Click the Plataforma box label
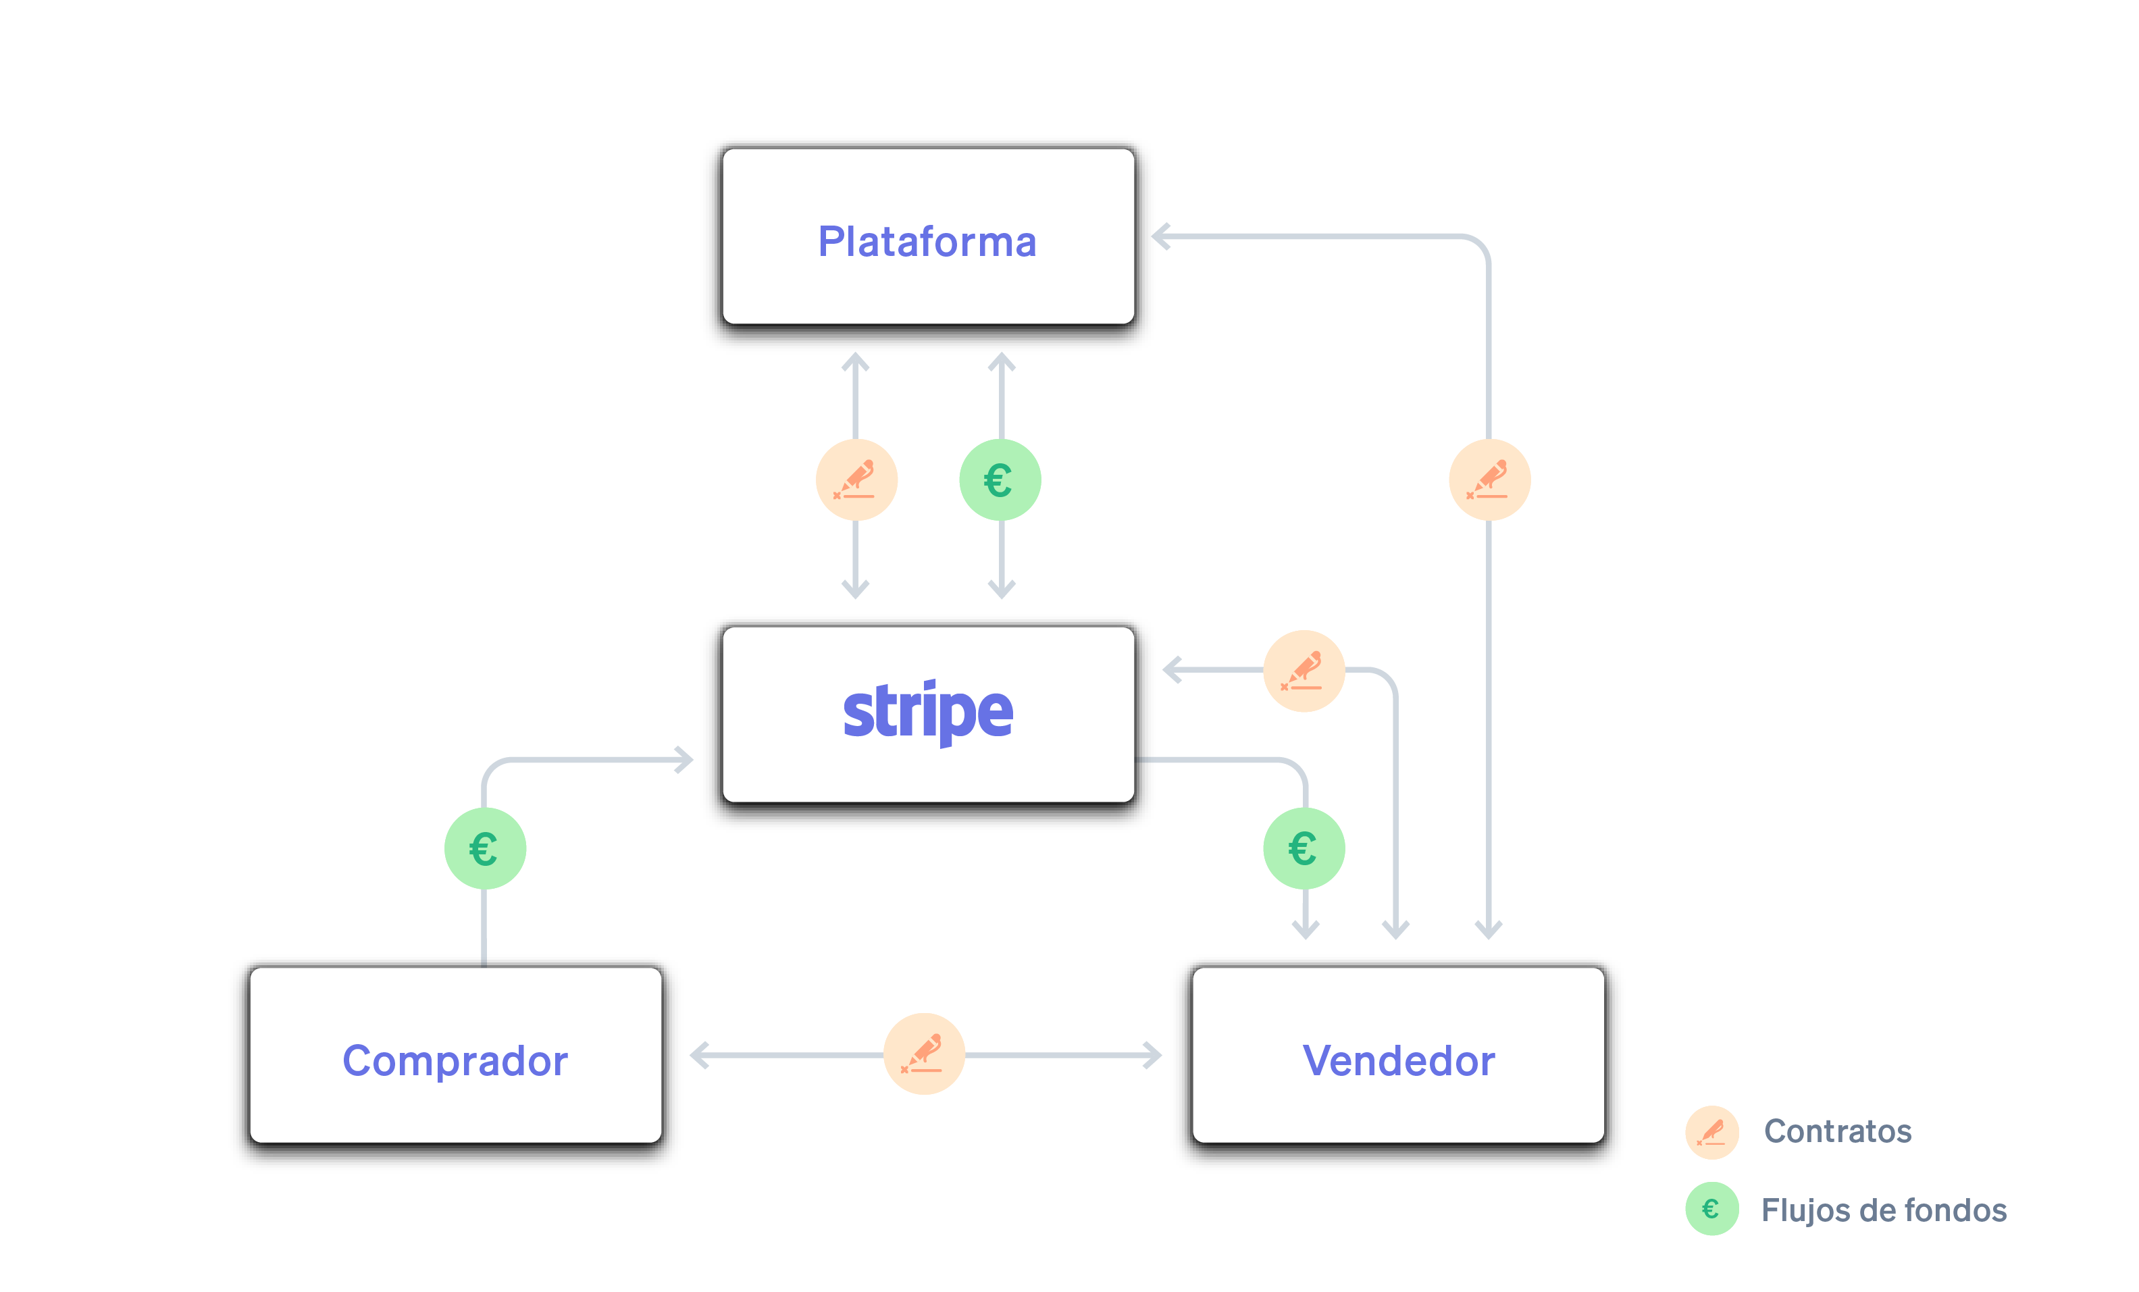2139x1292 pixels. (x=927, y=241)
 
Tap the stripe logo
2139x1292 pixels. (x=927, y=712)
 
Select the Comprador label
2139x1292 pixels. (x=455, y=1060)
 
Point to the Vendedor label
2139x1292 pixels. (x=1399, y=1060)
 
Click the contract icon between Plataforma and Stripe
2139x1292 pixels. (x=856, y=480)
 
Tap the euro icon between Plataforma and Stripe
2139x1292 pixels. (x=1000, y=480)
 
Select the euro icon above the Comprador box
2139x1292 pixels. (x=484, y=848)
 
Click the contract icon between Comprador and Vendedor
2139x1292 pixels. (x=924, y=1053)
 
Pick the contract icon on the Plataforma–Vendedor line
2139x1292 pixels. (x=1490, y=480)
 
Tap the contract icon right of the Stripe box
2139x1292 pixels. (x=1304, y=670)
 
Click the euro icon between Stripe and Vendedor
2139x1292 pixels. (x=1304, y=848)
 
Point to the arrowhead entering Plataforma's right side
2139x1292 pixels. (x=1160, y=236)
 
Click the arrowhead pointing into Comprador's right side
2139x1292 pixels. (x=698, y=1055)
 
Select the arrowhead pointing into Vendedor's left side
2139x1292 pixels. (x=1153, y=1055)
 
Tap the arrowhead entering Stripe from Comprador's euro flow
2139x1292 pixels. (x=685, y=760)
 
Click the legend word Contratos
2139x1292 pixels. (x=1837, y=1131)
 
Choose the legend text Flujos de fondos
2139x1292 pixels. (x=1883, y=1210)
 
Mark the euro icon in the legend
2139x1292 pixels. (x=1711, y=1209)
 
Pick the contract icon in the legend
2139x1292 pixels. (x=1711, y=1131)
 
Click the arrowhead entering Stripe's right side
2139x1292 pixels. (x=1171, y=670)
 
